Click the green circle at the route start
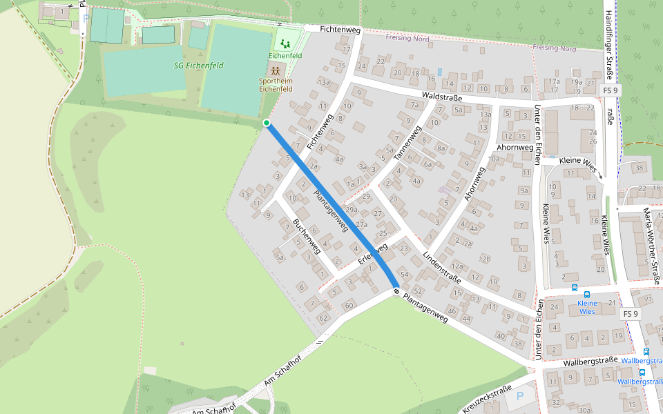(x=267, y=123)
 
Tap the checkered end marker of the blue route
(x=396, y=290)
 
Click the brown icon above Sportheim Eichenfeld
(x=276, y=70)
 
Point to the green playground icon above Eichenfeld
(x=285, y=44)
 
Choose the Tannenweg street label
(x=407, y=144)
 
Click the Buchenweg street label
(x=307, y=237)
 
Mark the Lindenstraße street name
(x=441, y=268)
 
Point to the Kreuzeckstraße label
(x=487, y=399)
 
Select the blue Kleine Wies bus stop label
(x=586, y=307)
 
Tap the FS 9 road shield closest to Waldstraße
(x=611, y=90)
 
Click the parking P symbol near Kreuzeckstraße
(x=519, y=397)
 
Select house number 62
(x=323, y=318)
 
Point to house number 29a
(x=352, y=209)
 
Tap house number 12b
(x=485, y=259)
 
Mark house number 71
(x=648, y=299)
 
